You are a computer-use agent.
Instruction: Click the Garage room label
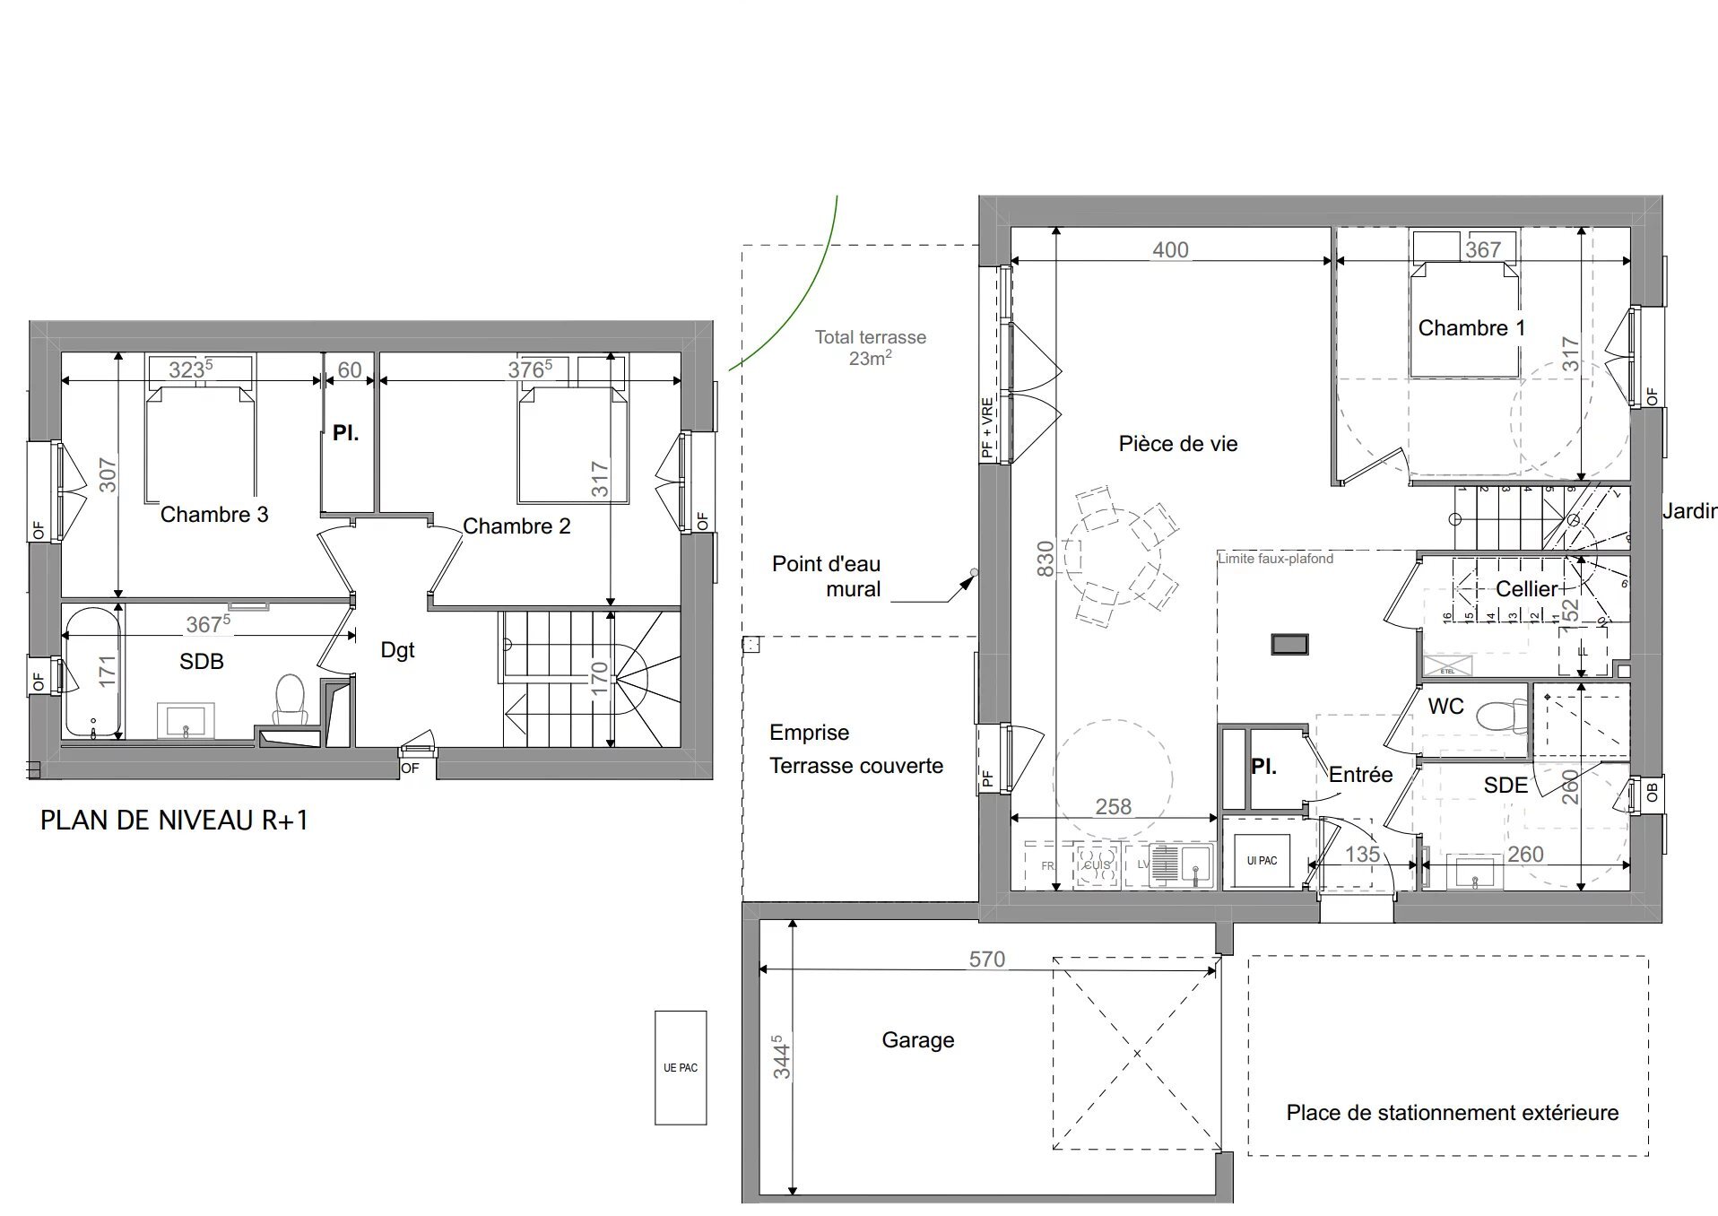click(917, 1039)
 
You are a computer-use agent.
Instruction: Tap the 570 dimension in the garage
click(986, 959)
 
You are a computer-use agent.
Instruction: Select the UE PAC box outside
click(680, 1067)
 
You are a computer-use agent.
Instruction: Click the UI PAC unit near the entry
click(1261, 860)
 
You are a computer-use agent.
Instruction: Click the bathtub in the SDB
click(91, 672)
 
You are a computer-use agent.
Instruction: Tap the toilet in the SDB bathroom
click(290, 700)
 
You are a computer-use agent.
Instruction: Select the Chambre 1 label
click(1471, 328)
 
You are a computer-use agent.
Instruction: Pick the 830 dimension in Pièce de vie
click(1046, 558)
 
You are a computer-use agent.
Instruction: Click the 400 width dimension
click(1170, 249)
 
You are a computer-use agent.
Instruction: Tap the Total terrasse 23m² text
click(870, 347)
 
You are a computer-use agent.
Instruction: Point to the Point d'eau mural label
click(826, 577)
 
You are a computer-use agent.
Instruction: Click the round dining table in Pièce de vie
click(1112, 557)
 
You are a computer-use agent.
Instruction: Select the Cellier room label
click(1526, 588)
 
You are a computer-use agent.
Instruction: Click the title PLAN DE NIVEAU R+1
click(174, 820)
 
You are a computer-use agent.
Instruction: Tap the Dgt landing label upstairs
click(397, 650)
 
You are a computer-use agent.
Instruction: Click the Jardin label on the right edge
click(1689, 510)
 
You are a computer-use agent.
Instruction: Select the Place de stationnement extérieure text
click(1452, 1112)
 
